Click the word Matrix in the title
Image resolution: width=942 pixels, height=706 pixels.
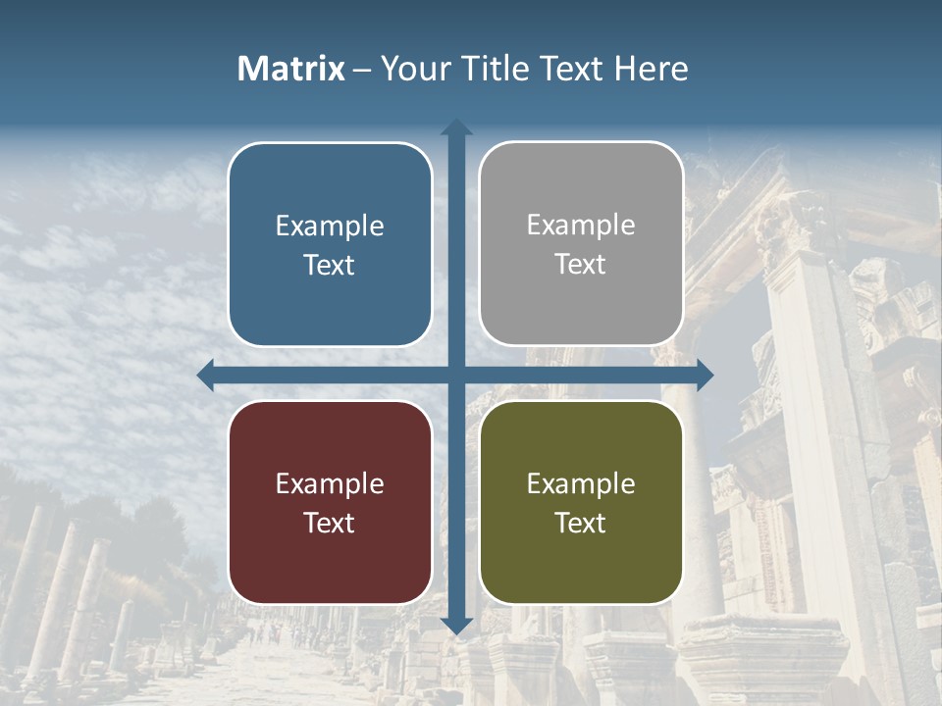click(291, 69)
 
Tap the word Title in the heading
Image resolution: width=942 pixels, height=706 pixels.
click(500, 69)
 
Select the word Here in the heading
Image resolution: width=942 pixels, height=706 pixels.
click(651, 69)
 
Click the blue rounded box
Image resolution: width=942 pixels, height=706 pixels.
click(330, 244)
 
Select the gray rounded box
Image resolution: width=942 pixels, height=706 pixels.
click(581, 244)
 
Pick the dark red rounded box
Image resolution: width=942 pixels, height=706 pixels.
click(330, 502)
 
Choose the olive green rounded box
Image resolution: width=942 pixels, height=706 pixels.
click(581, 502)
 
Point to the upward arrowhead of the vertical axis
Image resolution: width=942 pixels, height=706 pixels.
click(456, 126)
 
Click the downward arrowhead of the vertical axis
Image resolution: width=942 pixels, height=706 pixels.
click(456, 626)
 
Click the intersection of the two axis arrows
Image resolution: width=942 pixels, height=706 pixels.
click(456, 375)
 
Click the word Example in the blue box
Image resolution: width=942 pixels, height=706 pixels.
click(330, 227)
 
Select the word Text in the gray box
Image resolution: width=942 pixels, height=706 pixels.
click(581, 265)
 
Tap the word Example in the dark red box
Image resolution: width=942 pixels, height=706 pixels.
click(330, 484)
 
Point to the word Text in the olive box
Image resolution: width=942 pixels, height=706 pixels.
click(581, 523)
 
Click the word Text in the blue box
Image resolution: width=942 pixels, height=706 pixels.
click(330, 266)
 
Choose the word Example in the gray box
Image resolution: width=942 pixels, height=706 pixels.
click(581, 226)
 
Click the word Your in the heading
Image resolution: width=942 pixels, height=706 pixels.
click(415, 69)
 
